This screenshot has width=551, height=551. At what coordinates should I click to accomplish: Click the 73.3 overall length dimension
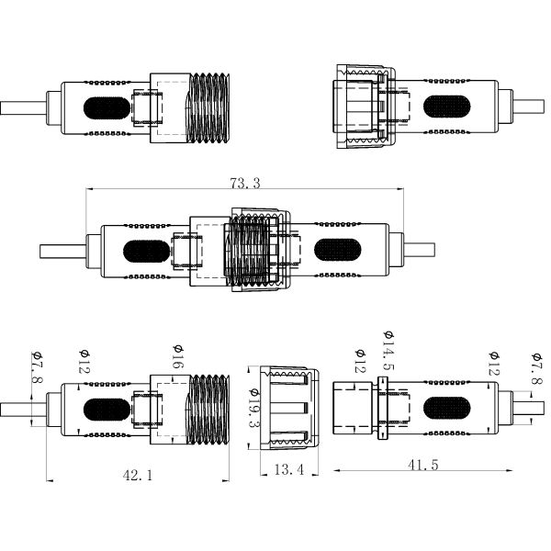pos(245,184)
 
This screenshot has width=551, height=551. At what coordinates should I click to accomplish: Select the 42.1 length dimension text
pos(137,475)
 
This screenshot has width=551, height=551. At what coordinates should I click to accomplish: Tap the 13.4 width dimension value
pos(289,469)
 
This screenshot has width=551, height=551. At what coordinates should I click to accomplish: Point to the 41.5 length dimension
pos(422,466)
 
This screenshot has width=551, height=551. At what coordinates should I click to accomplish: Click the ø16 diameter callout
pos(178,358)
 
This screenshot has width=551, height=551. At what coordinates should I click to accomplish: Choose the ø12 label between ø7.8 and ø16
pos(84,360)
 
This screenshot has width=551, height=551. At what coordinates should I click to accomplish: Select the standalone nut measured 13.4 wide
pos(286,408)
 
